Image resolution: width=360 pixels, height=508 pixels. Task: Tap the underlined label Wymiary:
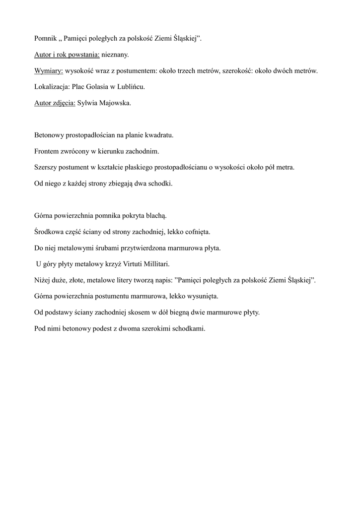click(x=49, y=70)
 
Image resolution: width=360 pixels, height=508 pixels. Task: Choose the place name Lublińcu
click(x=130, y=87)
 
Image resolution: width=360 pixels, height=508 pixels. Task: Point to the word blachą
click(x=157, y=216)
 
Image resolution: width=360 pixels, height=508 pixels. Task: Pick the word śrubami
click(x=99, y=248)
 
